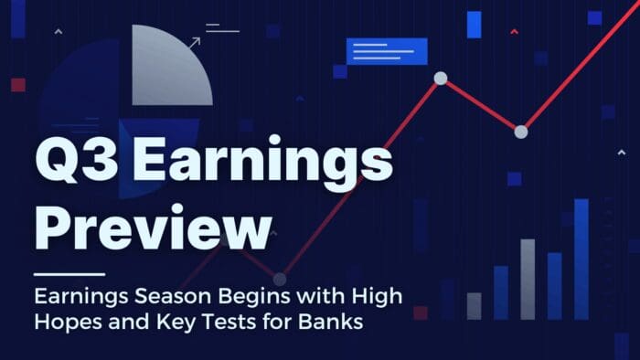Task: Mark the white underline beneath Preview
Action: pos(69,273)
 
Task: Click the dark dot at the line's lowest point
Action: pos(280,279)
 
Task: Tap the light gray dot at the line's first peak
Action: pos(440,79)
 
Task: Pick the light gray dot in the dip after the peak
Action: pos(521,132)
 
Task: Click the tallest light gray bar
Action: pos(528,279)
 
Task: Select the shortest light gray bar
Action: pos(474,305)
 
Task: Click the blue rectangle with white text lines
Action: pos(387,51)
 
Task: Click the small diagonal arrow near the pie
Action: pos(194,41)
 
